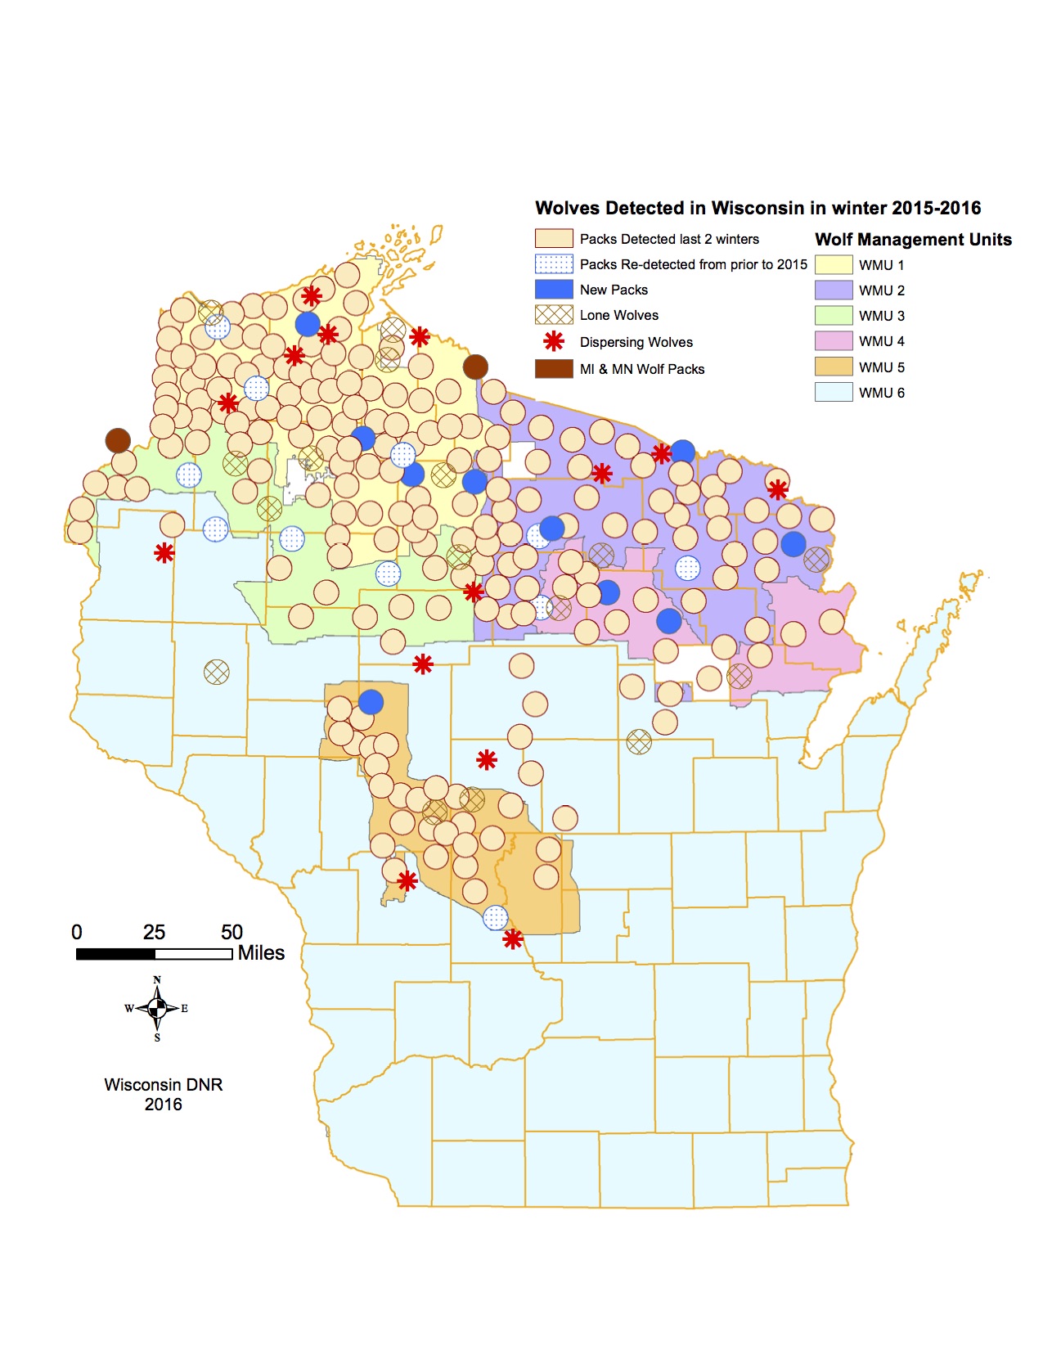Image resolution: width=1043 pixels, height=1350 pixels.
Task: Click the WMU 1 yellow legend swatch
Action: pyautogui.click(x=834, y=264)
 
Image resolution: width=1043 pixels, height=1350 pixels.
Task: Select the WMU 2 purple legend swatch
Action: pyautogui.click(x=834, y=290)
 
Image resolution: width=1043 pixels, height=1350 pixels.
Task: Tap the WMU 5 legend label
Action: pyautogui.click(x=881, y=367)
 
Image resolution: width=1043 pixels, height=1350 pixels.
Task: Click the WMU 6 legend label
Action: pyautogui.click(x=881, y=393)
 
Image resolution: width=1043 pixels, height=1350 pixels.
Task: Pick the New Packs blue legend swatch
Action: pyautogui.click(x=554, y=289)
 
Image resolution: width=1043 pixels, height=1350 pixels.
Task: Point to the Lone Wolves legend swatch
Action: pyautogui.click(x=554, y=315)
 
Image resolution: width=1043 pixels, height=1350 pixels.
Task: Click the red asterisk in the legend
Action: pyautogui.click(x=554, y=341)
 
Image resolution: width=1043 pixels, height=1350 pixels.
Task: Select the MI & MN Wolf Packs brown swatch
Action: pyautogui.click(x=554, y=368)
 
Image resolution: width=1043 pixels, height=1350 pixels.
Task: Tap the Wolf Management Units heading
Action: pyautogui.click(x=913, y=240)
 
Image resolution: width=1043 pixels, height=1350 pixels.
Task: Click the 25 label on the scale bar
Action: pyautogui.click(x=154, y=932)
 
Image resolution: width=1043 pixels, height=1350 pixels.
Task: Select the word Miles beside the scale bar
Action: pyautogui.click(x=261, y=953)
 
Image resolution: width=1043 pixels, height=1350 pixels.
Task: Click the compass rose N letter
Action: pyautogui.click(x=157, y=979)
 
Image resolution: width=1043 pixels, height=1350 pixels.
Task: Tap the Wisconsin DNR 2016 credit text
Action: pyautogui.click(x=164, y=1094)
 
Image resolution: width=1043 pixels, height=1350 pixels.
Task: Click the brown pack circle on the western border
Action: pyautogui.click(x=118, y=440)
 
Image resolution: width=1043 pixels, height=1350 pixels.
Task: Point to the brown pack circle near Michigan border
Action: pyautogui.click(x=475, y=367)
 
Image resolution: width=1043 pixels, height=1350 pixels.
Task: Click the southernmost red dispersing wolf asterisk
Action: pyautogui.click(x=513, y=938)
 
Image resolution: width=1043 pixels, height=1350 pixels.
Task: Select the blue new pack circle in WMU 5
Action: pyautogui.click(x=371, y=701)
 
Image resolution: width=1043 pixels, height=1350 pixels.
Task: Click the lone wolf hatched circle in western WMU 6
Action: pyautogui.click(x=216, y=672)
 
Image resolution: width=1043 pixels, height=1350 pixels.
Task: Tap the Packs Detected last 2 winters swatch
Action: pyautogui.click(x=554, y=238)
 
